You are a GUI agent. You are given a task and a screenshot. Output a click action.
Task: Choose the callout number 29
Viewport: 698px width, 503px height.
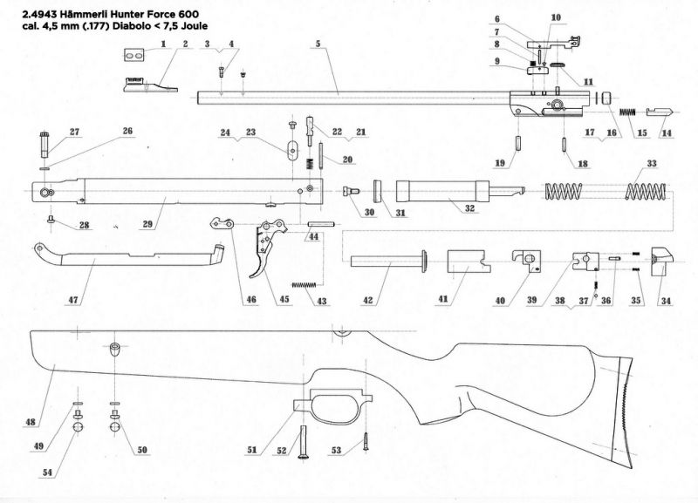point(148,224)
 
